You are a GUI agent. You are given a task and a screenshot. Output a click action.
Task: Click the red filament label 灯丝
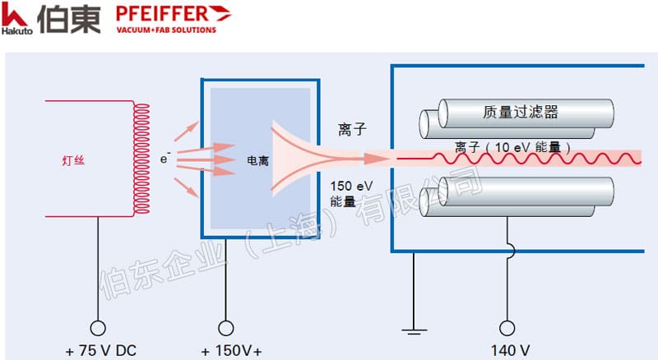click(x=73, y=160)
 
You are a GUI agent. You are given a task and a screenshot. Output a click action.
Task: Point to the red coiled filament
click(x=141, y=159)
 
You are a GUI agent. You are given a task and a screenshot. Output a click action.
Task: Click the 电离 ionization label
click(x=257, y=160)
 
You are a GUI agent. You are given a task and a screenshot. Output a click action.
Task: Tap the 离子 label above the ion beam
click(x=352, y=129)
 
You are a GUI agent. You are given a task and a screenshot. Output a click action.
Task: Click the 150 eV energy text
click(x=351, y=186)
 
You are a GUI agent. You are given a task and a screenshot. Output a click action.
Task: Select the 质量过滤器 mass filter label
click(x=521, y=112)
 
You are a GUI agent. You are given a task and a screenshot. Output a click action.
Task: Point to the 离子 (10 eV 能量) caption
click(x=512, y=147)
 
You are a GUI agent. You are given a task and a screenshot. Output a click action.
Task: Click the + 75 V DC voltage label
click(x=100, y=351)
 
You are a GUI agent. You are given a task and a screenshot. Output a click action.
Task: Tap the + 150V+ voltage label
click(x=231, y=351)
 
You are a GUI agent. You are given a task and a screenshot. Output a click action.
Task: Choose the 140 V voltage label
click(x=510, y=350)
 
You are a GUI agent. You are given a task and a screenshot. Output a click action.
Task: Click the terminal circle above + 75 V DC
click(x=98, y=328)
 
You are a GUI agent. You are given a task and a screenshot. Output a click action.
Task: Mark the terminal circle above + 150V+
click(x=225, y=328)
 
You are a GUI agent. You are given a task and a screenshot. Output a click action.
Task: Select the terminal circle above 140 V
click(x=507, y=328)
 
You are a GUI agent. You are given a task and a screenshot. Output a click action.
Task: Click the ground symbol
click(x=414, y=331)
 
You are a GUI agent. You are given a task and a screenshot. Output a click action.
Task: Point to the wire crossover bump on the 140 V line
click(x=511, y=252)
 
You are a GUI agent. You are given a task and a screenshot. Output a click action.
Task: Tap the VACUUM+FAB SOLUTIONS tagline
click(x=166, y=30)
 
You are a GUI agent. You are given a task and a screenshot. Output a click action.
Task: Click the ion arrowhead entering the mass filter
click(x=378, y=159)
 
